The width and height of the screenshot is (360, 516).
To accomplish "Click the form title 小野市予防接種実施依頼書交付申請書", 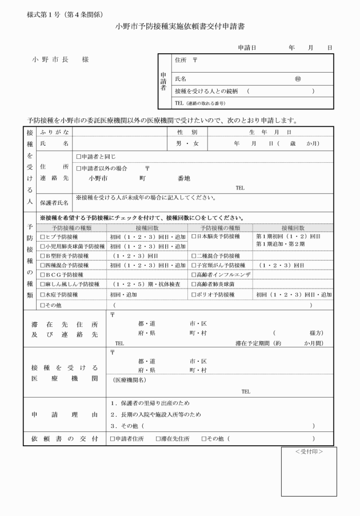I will pyautogui.click(x=180, y=26).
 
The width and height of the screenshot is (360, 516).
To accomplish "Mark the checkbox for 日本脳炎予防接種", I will pyautogui.click(x=194, y=236).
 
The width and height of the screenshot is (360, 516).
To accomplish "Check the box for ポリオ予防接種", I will pyautogui.click(x=194, y=295).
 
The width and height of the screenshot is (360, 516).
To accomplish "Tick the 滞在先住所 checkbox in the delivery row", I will pyautogui.click(x=158, y=438).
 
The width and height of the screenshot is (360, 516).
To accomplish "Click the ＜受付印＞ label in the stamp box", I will pyautogui.click(x=309, y=451).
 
